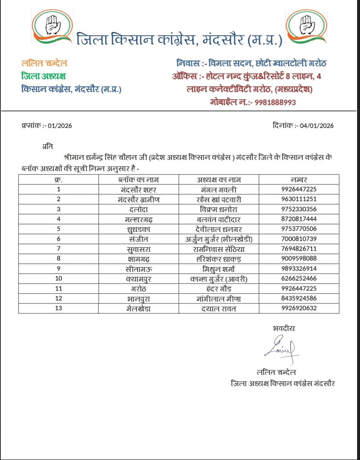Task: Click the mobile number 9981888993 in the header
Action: tap(275, 102)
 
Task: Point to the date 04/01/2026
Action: tap(314, 126)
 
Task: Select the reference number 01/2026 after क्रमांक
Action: tap(59, 126)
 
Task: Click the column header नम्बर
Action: tap(299, 180)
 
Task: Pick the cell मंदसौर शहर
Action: tap(138, 189)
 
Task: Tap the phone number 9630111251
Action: tap(299, 199)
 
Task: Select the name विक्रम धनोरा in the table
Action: tap(219, 209)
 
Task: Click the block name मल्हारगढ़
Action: tap(138, 219)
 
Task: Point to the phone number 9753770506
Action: tap(299, 229)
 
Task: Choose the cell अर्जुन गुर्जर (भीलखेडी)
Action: tap(219, 239)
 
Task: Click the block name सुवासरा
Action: tap(138, 249)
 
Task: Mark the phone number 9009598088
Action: tap(299, 259)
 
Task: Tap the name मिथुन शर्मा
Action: tap(219, 269)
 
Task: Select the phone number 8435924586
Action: tap(299, 298)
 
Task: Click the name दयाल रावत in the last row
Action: tap(219, 309)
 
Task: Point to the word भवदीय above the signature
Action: tap(284, 329)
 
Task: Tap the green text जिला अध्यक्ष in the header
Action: tap(44, 76)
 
